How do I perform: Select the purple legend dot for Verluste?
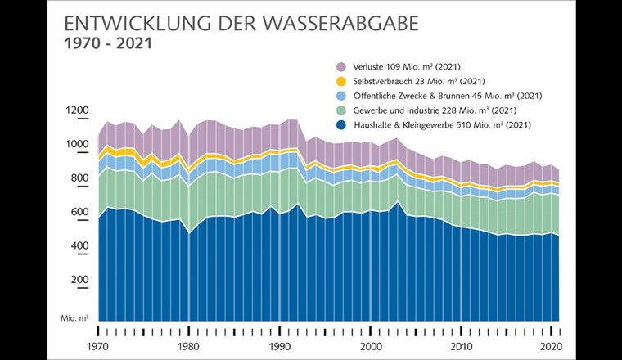pos(343,66)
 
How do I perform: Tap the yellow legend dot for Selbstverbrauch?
pos(343,81)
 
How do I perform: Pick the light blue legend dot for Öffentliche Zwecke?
pos(343,96)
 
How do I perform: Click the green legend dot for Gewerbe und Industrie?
pos(343,110)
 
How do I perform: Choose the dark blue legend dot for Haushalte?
pos(343,125)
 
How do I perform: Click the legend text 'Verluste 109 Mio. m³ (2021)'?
pos(411,66)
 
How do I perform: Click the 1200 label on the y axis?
pos(78,110)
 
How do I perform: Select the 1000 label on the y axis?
pos(78,145)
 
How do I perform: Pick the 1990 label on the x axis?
pos(279,347)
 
